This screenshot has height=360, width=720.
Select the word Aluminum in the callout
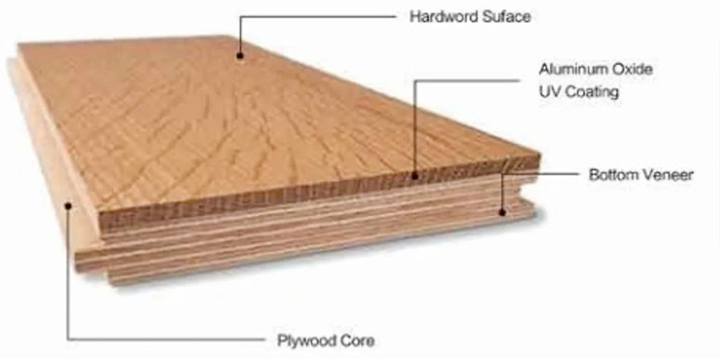point(568,71)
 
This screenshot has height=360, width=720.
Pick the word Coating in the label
point(591,93)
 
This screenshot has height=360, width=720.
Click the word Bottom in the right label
point(609,174)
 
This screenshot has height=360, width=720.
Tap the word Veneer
point(665,174)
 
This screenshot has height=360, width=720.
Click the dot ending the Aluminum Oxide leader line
point(415,174)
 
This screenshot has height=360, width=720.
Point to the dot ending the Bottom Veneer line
point(502,212)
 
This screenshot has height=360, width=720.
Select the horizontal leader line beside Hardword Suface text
point(315,18)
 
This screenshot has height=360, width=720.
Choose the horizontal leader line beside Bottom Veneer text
point(557,173)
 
